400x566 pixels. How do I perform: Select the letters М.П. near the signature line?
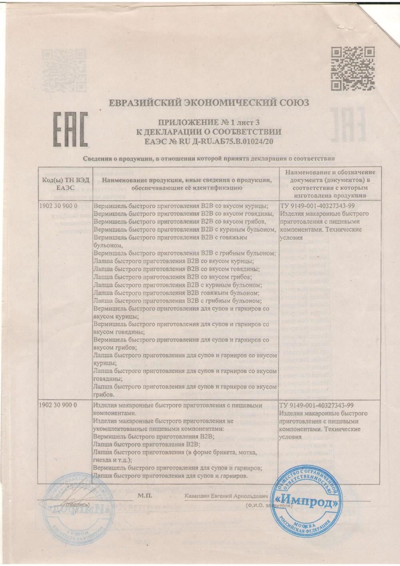click(144, 495)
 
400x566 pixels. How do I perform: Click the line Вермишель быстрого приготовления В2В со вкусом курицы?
click(180, 206)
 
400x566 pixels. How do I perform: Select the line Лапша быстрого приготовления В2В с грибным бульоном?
click(177, 300)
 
